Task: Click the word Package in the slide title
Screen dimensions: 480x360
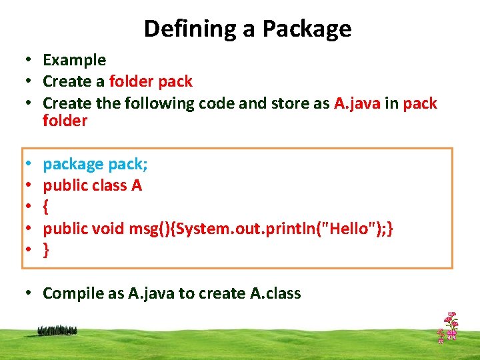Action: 307,29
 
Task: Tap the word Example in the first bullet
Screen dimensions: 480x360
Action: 74,60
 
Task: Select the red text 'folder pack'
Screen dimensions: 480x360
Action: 150,81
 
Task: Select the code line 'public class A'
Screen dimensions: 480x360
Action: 92,185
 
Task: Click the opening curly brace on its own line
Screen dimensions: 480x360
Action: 46,207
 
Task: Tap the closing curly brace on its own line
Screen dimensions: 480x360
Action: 46,250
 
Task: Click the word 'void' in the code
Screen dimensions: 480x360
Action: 107,228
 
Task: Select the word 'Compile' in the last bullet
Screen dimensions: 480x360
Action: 72,293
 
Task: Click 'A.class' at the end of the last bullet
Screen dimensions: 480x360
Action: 273,293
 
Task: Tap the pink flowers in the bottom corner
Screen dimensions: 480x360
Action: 448,327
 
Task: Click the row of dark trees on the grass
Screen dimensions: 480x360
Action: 57,329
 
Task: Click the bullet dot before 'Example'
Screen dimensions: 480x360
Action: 31,60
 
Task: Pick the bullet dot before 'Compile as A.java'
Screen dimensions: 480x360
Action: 31,293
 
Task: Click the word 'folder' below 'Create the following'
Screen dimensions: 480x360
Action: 65,121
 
